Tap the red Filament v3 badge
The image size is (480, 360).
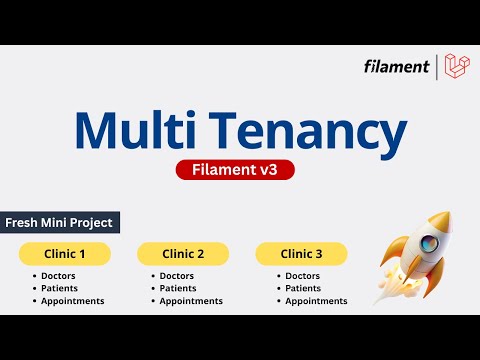coord(240,170)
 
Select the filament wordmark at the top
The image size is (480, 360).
coord(396,68)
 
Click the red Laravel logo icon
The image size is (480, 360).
coord(456,67)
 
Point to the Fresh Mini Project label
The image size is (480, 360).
coord(59,222)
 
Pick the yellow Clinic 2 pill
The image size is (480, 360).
coord(183,254)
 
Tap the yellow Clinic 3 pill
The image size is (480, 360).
coord(302,254)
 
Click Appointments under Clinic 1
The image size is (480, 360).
coord(72,301)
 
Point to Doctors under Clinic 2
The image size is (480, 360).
coord(177,276)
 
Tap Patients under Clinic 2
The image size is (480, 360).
coord(178,288)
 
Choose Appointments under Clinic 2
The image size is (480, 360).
coord(191,301)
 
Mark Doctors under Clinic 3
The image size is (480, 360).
coord(302,276)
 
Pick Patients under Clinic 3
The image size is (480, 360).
coord(303,288)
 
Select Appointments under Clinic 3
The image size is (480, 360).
coord(316,301)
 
